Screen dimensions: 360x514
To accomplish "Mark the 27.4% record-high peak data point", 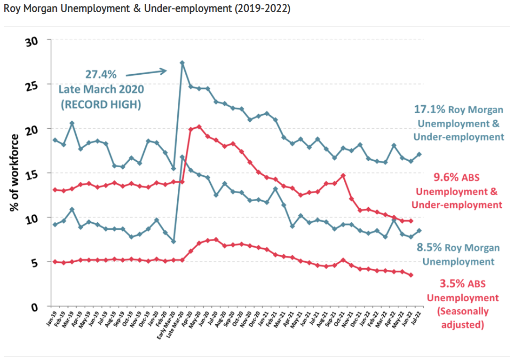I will click(182, 63).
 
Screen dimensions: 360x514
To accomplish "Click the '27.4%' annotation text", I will click(100, 74).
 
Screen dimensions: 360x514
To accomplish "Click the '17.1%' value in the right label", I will click(429, 110).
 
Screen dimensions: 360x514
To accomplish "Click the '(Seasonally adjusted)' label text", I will click(463, 318).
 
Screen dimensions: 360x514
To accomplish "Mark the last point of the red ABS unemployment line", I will click(411, 275).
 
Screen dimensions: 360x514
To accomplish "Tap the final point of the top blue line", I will click(419, 154).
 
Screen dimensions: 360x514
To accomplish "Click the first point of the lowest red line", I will click(55, 262).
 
